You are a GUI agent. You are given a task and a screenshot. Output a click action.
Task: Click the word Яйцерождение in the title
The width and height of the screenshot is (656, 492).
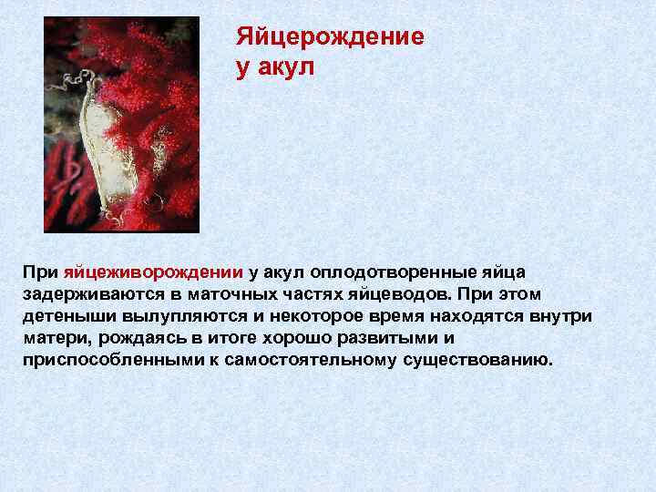click(x=330, y=37)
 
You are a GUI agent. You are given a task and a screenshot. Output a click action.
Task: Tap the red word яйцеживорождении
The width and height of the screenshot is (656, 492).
click(x=153, y=272)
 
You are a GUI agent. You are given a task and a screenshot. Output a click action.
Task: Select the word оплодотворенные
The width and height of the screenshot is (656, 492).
click(x=389, y=272)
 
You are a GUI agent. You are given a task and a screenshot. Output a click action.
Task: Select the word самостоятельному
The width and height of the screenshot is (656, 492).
click(x=314, y=360)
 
